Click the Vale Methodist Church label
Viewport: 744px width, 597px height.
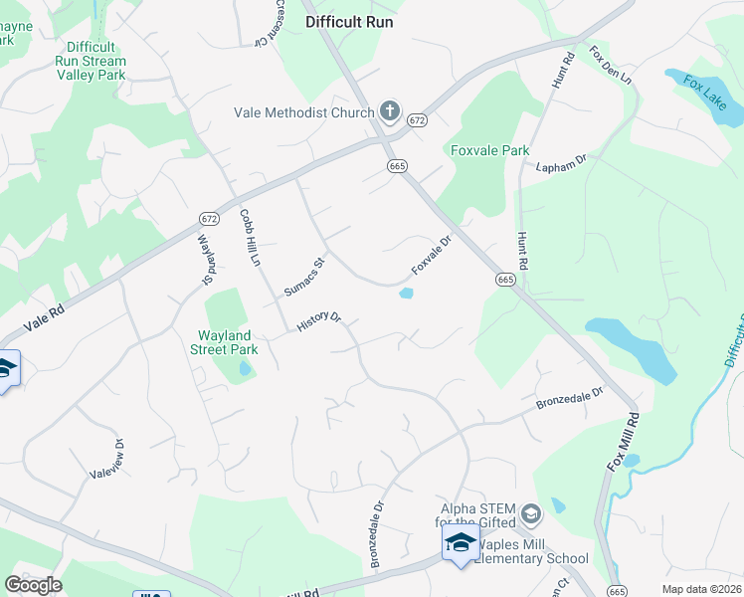[x=303, y=112]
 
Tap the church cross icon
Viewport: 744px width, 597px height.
[x=390, y=112]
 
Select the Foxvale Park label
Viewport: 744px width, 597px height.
[x=489, y=150]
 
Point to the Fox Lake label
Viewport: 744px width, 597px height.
[x=705, y=93]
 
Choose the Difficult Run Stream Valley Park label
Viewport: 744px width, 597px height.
[x=90, y=60]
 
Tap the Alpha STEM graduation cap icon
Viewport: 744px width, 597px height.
[x=531, y=513]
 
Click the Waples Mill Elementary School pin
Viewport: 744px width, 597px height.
[x=461, y=543]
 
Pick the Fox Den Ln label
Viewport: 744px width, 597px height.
[x=610, y=65]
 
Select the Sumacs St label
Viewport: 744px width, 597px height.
[x=305, y=278]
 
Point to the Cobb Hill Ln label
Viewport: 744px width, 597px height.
[x=250, y=238]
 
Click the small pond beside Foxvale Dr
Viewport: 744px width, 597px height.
[x=406, y=293]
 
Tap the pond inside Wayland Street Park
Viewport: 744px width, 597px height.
[x=245, y=371]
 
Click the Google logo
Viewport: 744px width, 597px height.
[x=33, y=585]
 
